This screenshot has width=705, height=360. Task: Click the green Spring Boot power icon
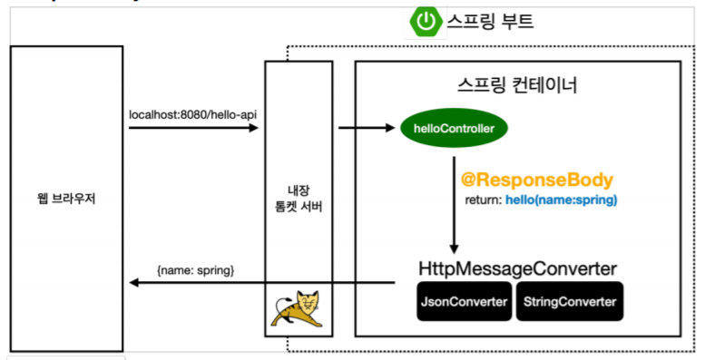(425, 21)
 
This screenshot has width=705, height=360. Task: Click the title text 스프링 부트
(489, 22)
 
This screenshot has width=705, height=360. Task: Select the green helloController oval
(454, 129)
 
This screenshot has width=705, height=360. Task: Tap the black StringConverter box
(570, 301)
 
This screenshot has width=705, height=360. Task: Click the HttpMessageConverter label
(518, 269)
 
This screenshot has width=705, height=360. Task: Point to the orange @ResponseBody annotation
(538, 179)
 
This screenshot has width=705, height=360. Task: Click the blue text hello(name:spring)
(563, 199)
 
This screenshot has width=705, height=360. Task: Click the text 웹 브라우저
(66, 199)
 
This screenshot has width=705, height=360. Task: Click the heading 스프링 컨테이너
(517, 85)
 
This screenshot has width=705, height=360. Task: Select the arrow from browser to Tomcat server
(192, 128)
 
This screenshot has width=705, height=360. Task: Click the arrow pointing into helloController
(367, 128)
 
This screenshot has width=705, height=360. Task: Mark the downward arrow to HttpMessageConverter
(454, 204)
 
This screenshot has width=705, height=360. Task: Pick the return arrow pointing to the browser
(263, 283)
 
